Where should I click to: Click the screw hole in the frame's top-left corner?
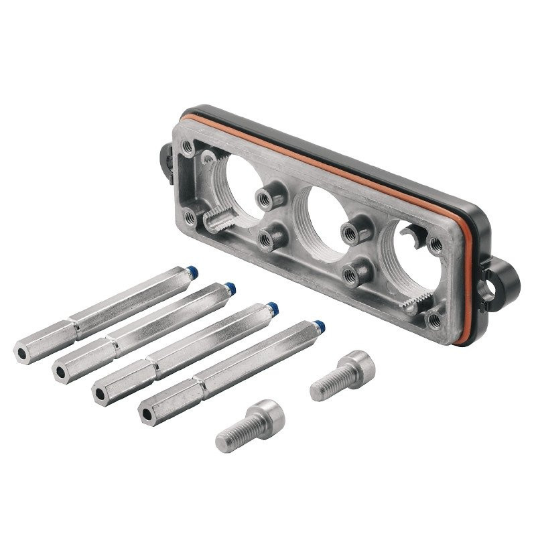(x=189, y=145)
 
